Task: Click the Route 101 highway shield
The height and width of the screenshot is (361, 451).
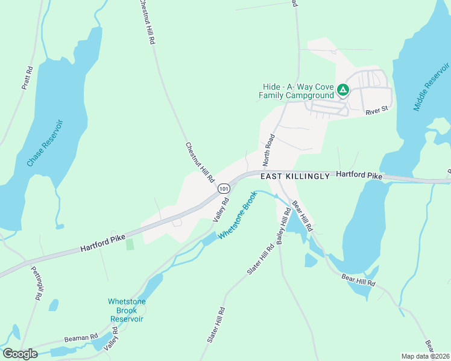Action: (x=224, y=188)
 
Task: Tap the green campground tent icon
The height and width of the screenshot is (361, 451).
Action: (x=342, y=91)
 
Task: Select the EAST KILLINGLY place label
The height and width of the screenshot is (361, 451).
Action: (x=295, y=176)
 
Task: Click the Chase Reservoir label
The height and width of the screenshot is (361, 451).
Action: (x=45, y=143)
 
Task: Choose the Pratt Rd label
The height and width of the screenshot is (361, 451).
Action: (x=27, y=77)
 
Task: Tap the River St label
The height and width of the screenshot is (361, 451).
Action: (x=377, y=111)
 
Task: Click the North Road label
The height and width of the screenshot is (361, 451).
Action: (x=269, y=150)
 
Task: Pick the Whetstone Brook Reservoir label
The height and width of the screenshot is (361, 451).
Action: (x=126, y=310)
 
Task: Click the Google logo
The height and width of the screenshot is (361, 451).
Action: (x=20, y=354)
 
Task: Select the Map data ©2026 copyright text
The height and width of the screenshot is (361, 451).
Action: (x=426, y=356)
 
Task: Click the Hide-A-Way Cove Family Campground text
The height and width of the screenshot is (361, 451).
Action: (x=296, y=91)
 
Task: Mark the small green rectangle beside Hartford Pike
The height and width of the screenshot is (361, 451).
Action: (x=130, y=244)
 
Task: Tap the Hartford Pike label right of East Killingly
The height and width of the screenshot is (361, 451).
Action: (x=359, y=174)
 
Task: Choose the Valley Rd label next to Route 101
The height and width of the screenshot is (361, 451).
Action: (x=222, y=211)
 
